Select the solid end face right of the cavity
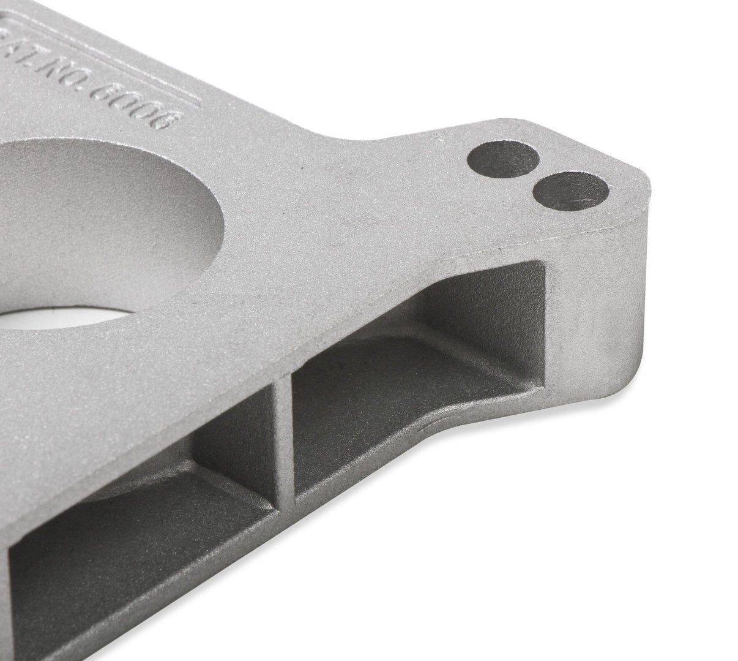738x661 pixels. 587,306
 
